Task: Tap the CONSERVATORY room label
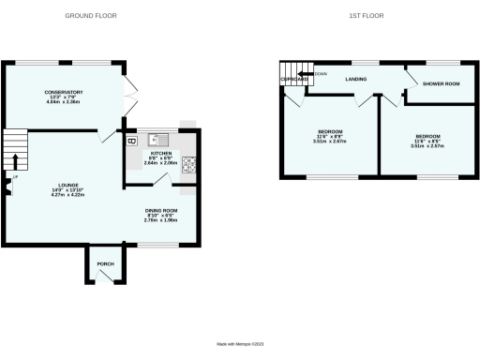pyautogui.click(x=64, y=92)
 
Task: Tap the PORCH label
pyautogui.click(x=105, y=264)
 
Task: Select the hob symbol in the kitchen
pyautogui.click(x=188, y=164)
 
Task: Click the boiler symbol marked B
pyautogui.click(x=131, y=142)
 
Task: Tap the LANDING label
pyautogui.click(x=355, y=80)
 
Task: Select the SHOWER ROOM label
pyautogui.click(x=440, y=83)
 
